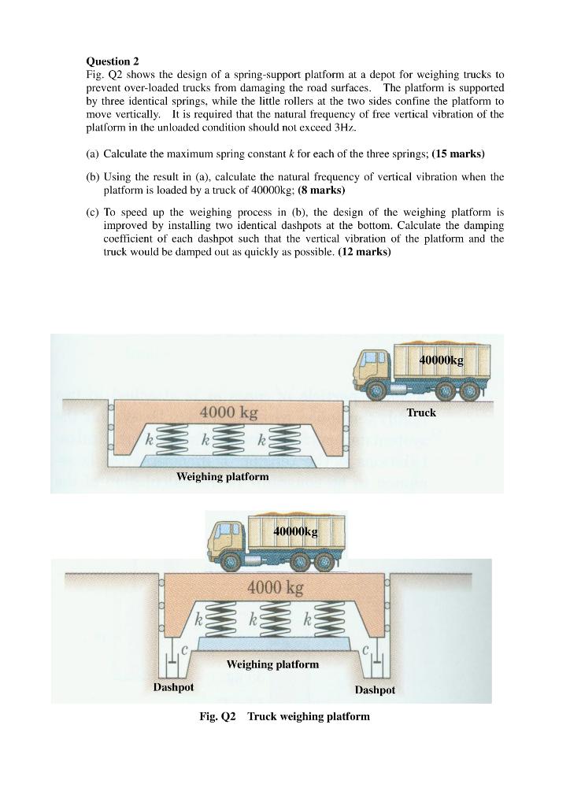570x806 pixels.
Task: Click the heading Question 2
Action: (x=112, y=61)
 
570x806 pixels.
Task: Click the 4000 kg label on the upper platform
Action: (x=228, y=412)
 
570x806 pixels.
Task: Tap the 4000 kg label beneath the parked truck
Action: (x=275, y=587)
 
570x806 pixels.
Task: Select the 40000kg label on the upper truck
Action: (x=441, y=360)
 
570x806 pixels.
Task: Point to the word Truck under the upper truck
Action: (x=421, y=412)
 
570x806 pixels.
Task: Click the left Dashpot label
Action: (x=173, y=687)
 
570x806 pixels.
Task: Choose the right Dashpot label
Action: (x=375, y=690)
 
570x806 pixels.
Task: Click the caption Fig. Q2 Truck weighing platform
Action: (x=284, y=716)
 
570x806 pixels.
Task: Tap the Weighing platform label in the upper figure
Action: (x=222, y=476)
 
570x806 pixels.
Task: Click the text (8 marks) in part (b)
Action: (x=321, y=190)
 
